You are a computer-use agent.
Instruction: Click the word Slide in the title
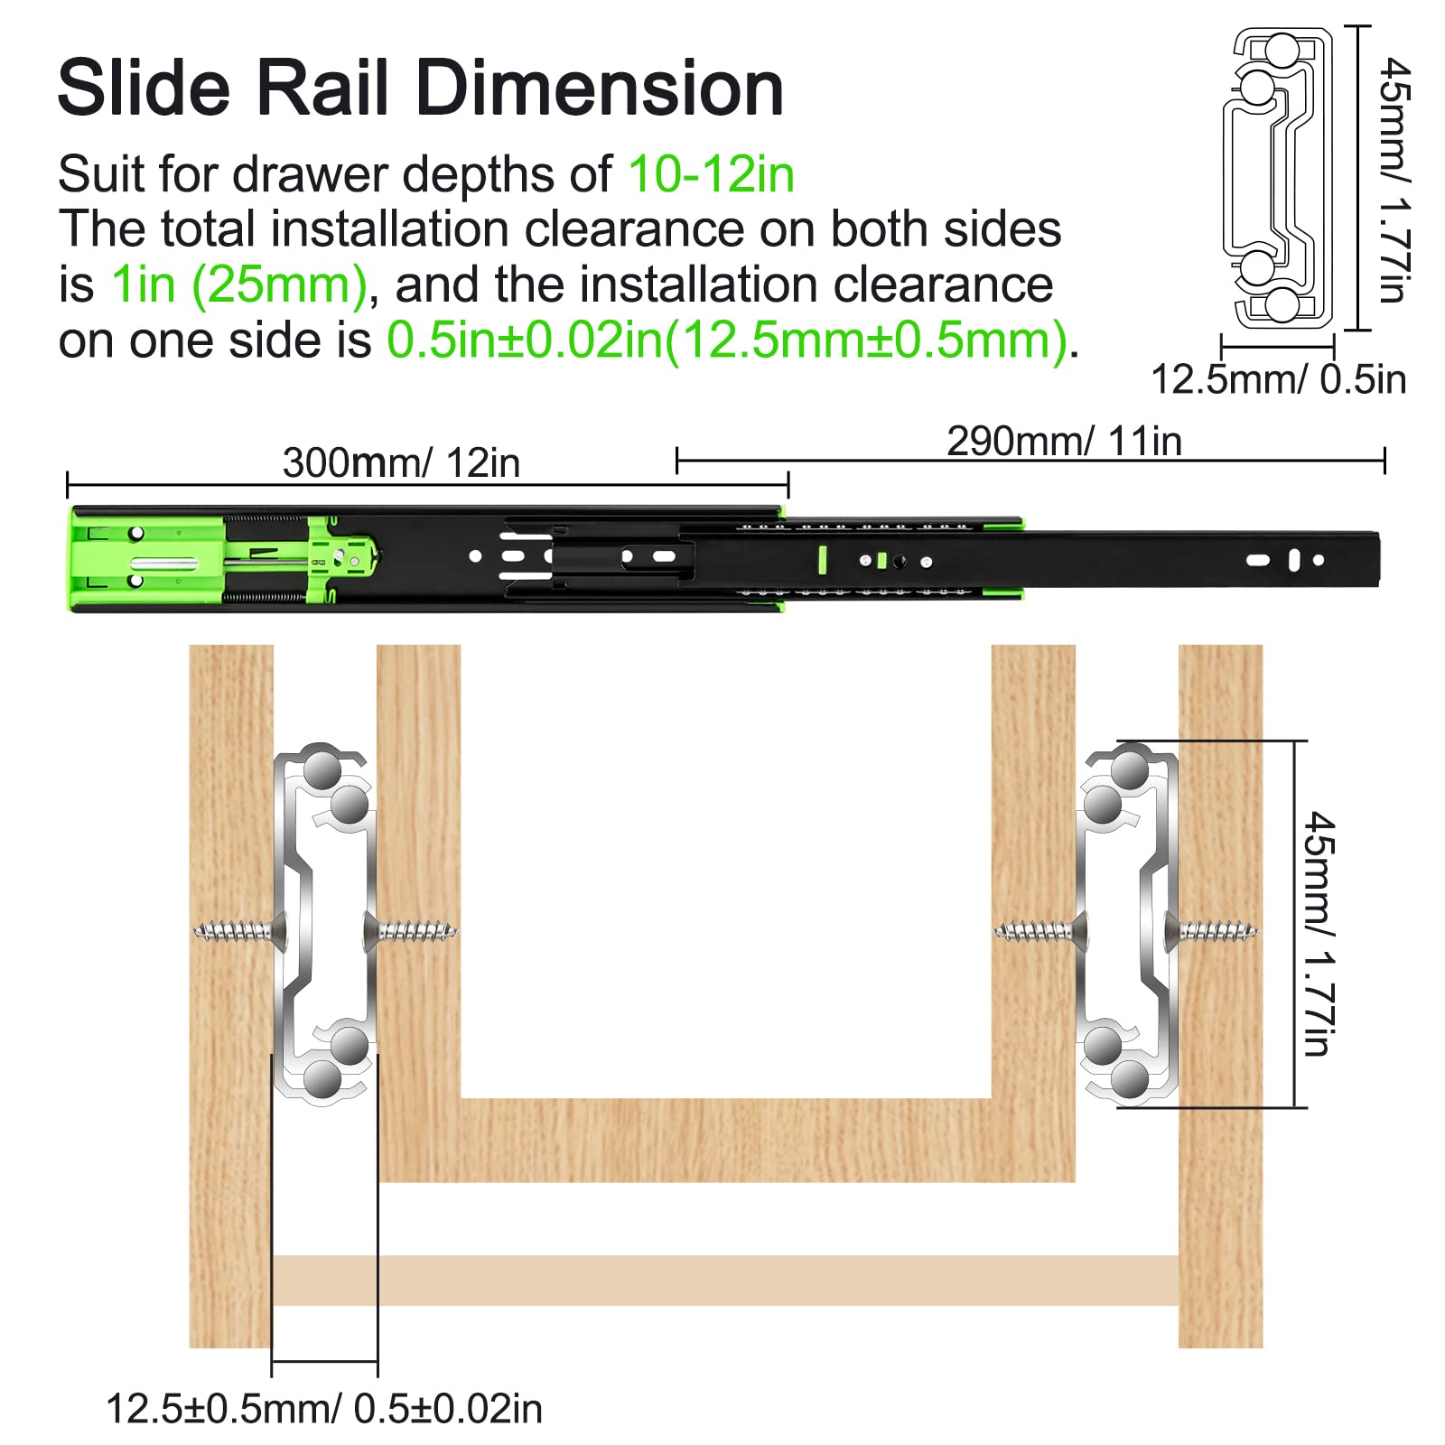click(144, 88)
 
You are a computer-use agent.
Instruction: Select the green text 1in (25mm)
click(239, 285)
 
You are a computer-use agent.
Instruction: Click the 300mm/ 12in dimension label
click(401, 462)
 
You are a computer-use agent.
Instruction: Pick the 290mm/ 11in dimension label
click(1064, 442)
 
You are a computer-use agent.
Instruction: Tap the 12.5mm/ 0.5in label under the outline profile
click(1278, 379)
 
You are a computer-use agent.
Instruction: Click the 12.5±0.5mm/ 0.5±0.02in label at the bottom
click(324, 1409)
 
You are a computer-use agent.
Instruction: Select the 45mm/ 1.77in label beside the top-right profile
click(1395, 181)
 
